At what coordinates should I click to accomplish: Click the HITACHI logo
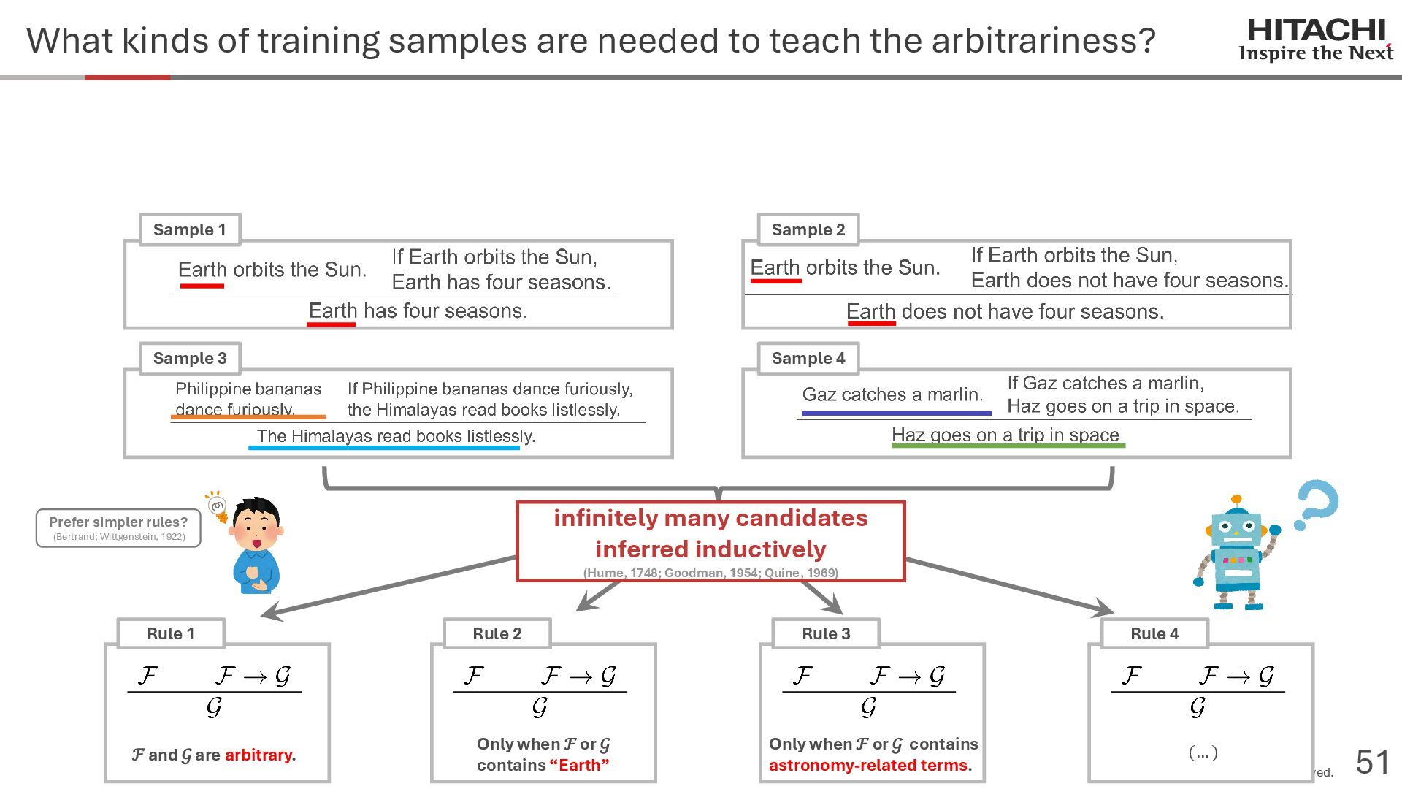pyautogui.click(x=1316, y=39)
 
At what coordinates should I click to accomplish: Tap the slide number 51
pyautogui.click(x=1373, y=763)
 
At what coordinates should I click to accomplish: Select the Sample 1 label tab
pyautogui.click(x=190, y=230)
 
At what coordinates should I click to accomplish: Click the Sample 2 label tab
pyautogui.click(x=808, y=230)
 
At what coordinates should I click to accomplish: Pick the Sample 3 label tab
pyautogui.click(x=190, y=359)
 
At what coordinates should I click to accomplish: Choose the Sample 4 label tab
pyautogui.click(x=808, y=359)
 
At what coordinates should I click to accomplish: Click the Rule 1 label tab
pyautogui.click(x=171, y=633)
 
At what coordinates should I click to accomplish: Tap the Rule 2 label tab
pyautogui.click(x=497, y=633)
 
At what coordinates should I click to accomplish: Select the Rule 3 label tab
pyautogui.click(x=826, y=633)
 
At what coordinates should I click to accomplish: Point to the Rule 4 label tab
pyautogui.click(x=1154, y=633)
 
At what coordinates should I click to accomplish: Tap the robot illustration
pyautogui.click(x=1236, y=555)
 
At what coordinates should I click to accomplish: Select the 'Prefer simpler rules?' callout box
pyautogui.click(x=118, y=527)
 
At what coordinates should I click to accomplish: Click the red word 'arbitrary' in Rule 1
pyautogui.click(x=258, y=755)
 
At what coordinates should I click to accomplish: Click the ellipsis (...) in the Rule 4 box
pyautogui.click(x=1203, y=752)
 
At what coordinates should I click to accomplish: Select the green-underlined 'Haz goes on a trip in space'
pyautogui.click(x=1005, y=435)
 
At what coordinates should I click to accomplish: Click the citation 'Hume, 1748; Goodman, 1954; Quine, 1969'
pyautogui.click(x=710, y=573)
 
